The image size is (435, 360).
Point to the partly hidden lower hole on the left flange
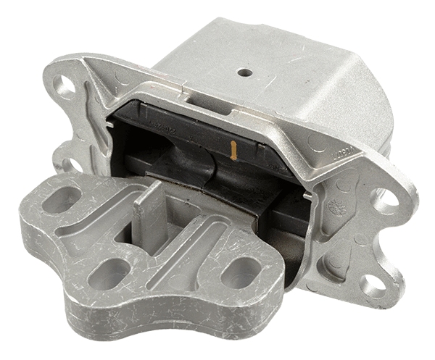click(x=70, y=165)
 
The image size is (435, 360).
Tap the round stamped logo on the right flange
click(x=335, y=206)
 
